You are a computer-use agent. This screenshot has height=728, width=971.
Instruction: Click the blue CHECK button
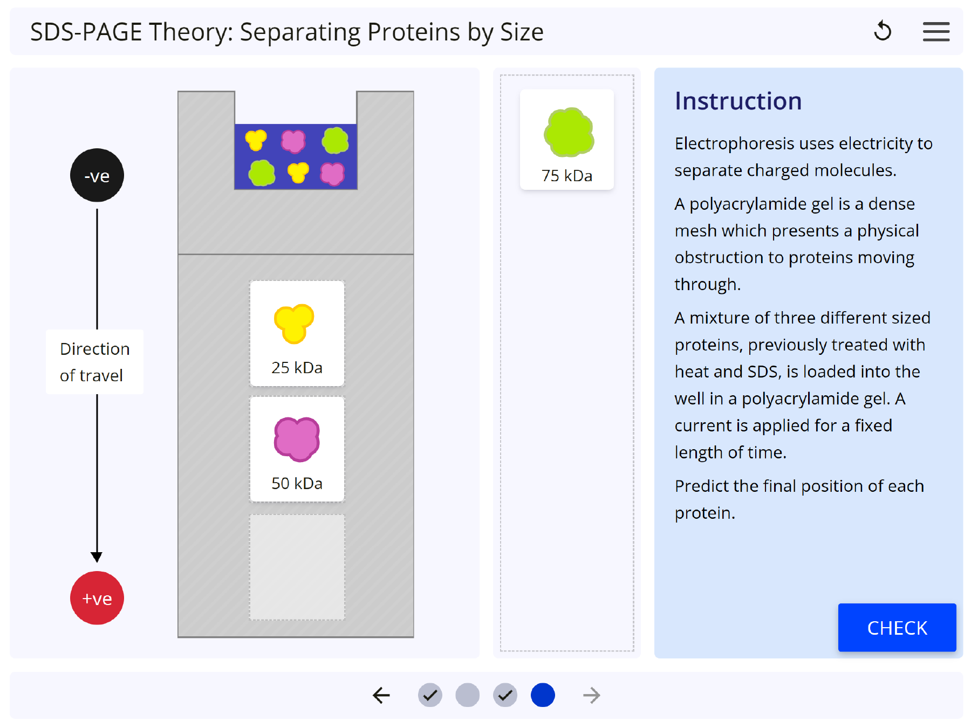pyautogui.click(x=897, y=628)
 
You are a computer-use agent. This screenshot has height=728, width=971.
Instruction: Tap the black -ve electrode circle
pyautogui.click(x=97, y=175)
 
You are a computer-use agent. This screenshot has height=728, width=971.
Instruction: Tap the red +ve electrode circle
pyautogui.click(x=97, y=598)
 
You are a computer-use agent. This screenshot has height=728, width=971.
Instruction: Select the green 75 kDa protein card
pyautogui.click(x=567, y=140)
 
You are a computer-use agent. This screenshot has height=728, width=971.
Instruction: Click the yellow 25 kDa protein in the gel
pyautogui.click(x=297, y=333)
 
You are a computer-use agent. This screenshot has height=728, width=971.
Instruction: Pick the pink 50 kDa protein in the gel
pyautogui.click(x=297, y=449)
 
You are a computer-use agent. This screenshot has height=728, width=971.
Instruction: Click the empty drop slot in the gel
pyautogui.click(x=297, y=567)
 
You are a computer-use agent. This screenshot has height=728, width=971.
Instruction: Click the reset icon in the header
pyautogui.click(x=883, y=31)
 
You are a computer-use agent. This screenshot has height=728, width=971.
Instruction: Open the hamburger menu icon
pyautogui.click(x=936, y=31)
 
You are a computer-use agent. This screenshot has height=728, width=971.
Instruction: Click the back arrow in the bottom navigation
pyautogui.click(x=381, y=695)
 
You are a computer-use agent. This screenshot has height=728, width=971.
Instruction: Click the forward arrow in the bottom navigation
pyautogui.click(x=591, y=695)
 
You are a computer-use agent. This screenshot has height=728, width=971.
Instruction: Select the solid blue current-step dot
pyautogui.click(x=543, y=695)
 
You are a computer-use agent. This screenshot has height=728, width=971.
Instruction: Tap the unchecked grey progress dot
pyautogui.click(x=467, y=695)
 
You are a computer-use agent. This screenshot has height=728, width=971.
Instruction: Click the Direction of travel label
pyautogui.click(x=94, y=362)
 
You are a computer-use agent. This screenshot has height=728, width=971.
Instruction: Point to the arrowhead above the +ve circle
pyautogui.click(x=97, y=557)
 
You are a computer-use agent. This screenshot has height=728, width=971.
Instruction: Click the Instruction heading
pyautogui.click(x=738, y=101)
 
